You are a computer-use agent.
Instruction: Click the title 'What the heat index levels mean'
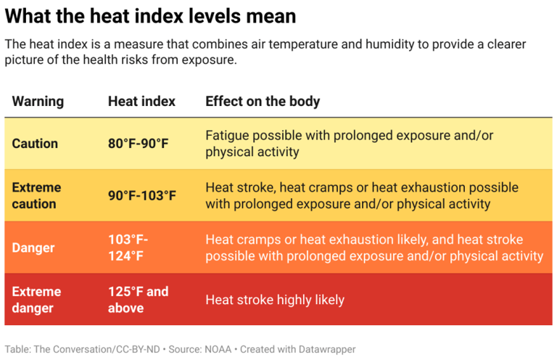pos(150,16)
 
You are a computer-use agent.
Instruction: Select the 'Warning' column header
pos(38,101)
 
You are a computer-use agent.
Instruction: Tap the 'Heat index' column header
pos(141,101)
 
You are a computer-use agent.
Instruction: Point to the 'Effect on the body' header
pos(263,101)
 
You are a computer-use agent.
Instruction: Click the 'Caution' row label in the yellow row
pos(35,143)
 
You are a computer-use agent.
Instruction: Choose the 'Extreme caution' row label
pos(36,195)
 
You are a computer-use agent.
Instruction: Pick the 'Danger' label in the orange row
pos(34,247)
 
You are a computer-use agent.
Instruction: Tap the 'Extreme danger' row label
pos(36,300)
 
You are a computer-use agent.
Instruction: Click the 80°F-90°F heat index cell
pos(138,143)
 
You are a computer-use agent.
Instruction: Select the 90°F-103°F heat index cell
pos(142,195)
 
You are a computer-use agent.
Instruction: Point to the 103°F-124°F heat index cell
pos(128,247)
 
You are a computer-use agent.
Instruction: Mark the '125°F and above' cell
pos(138,300)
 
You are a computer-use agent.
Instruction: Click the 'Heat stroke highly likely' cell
pos(275,300)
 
